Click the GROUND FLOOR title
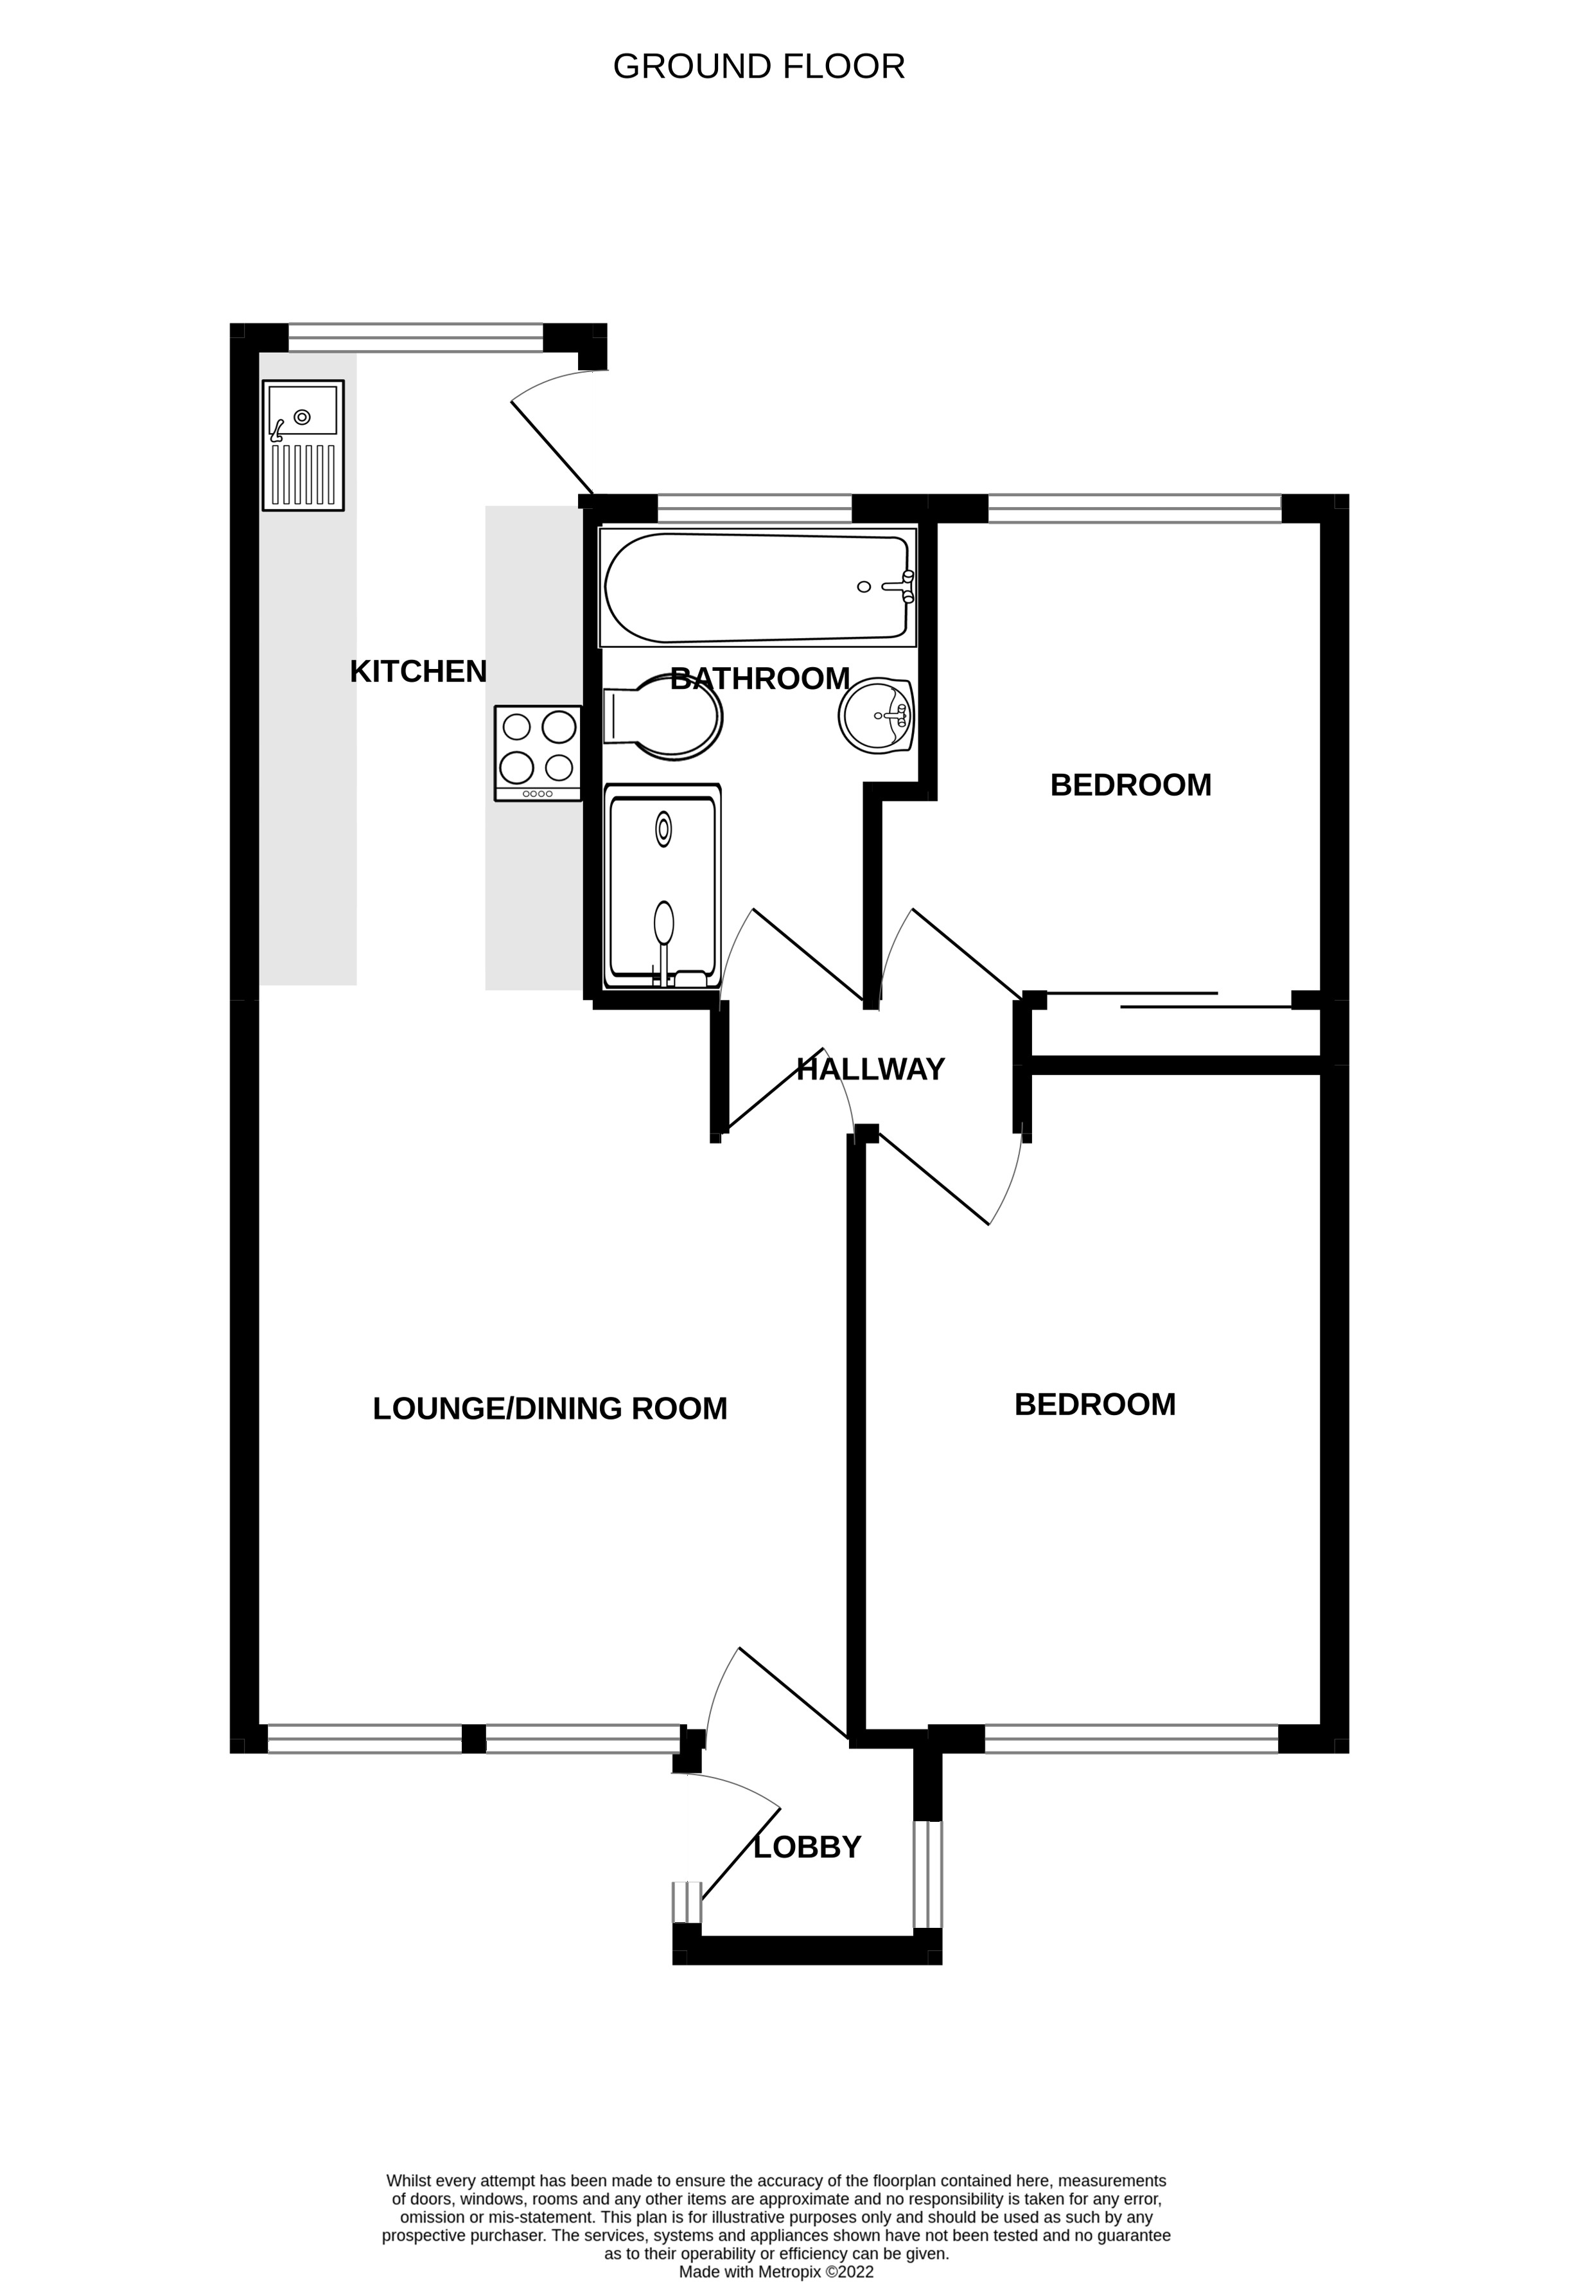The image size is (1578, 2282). pyautogui.click(x=758, y=66)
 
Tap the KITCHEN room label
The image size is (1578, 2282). pyautogui.click(x=418, y=672)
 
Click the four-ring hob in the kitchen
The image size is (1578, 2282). pyautogui.click(x=538, y=753)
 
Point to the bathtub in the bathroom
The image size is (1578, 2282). pyautogui.click(x=757, y=587)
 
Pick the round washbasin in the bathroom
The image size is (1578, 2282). pyautogui.click(x=876, y=716)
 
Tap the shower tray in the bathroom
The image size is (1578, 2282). pyautogui.click(x=662, y=886)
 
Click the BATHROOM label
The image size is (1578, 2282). pyautogui.click(x=759, y=679)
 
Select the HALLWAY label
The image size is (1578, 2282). pyautogui.click(x=870, y=1069)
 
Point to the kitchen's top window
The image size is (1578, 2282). pyautogui.click(x=416, y=337)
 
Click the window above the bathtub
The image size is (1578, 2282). pyautogui.click(x=755, y=508)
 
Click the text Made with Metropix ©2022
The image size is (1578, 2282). pyautogui.click(x=776, y=2245)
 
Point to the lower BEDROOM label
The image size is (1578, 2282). pyautogui.click(x=1094, y=1405)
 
